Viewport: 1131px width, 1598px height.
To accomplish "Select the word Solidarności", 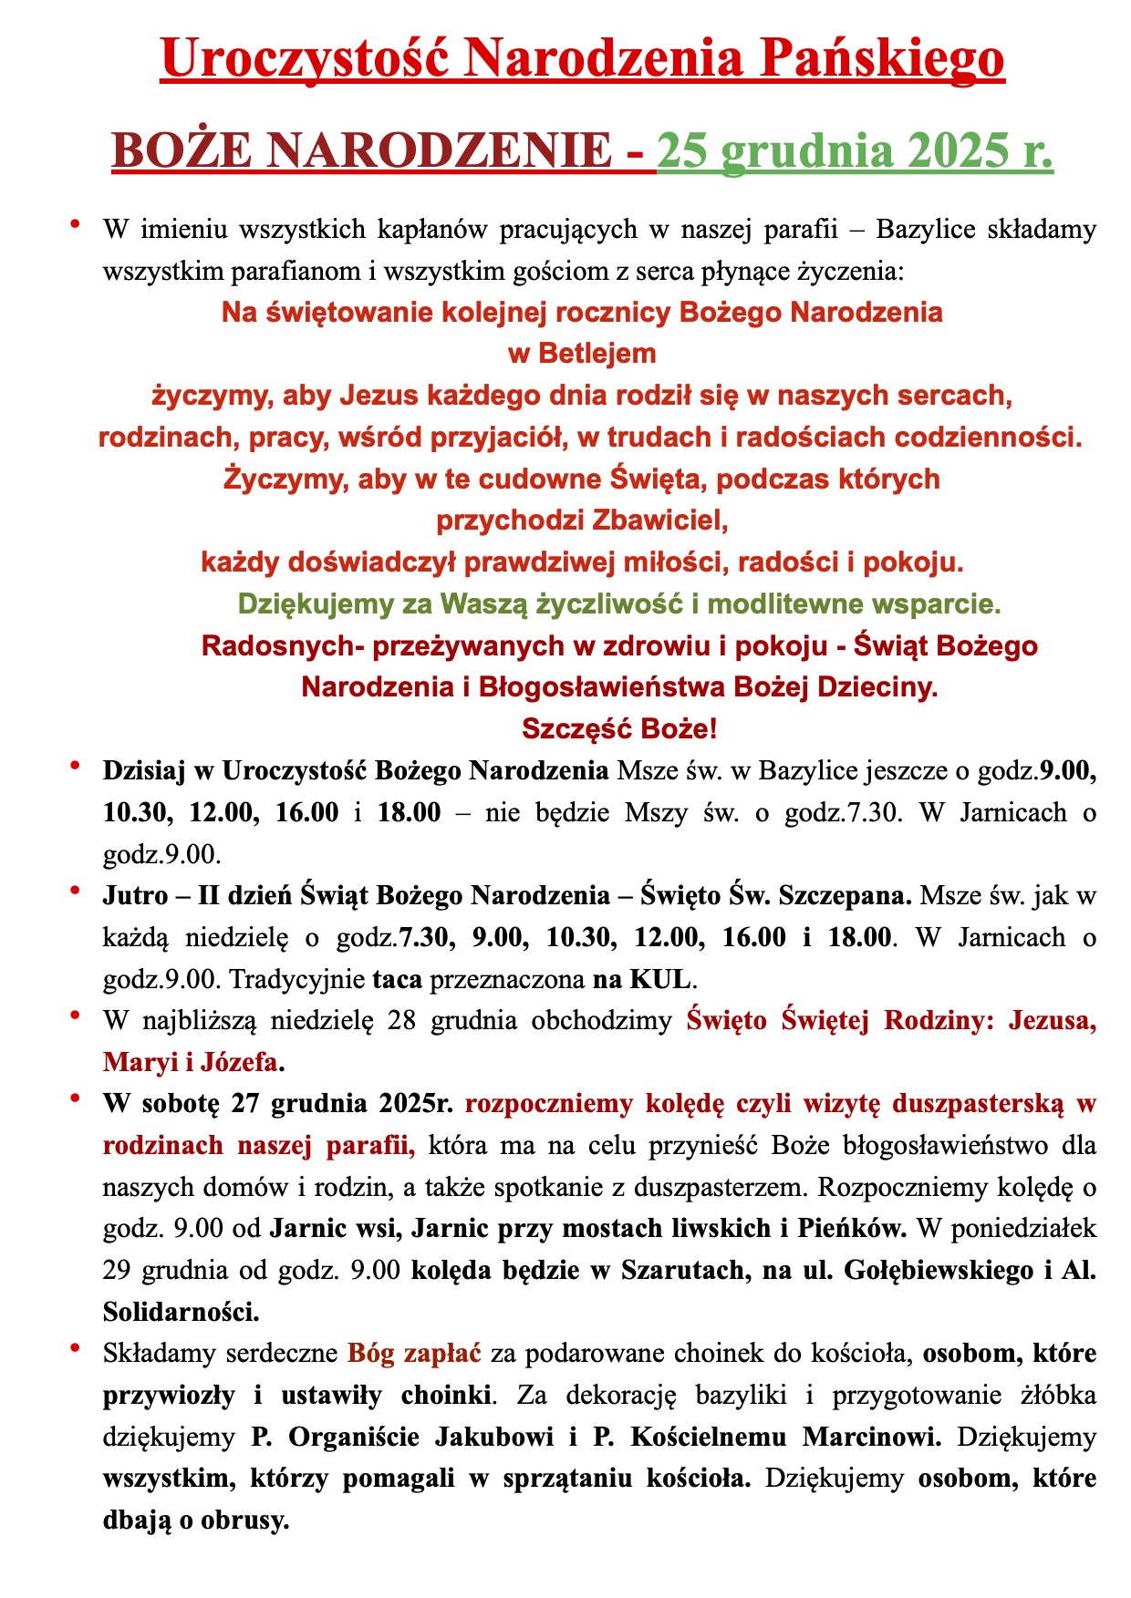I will (181, 1312).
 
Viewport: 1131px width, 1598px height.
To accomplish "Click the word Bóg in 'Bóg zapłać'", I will (368, 1354).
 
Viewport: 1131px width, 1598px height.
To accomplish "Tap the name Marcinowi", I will (873, 1438).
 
